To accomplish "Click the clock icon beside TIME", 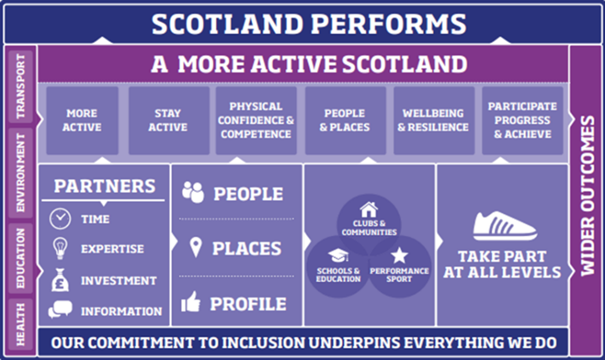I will pyautogui.click(x=60, y=219).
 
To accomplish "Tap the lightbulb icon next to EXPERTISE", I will pyautogui.click(x=60, y=248).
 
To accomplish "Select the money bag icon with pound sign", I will pyautogui.click(x=60, y=280).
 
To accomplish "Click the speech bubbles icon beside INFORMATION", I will pyautogui.click(x=60, y=310).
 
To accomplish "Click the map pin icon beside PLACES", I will pyautogui.click(x=195, y=248).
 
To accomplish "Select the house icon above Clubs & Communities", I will pyautogui.click(x=369, y=209).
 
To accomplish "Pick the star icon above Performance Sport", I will pyautogui.click(x=399, y=256).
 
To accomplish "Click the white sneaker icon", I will pyautogui.click(x=505, y=226).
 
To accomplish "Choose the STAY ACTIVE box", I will pyautogui.click(x=168, y=121).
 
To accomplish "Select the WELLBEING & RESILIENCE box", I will pyautogui.click(x=433, y=121).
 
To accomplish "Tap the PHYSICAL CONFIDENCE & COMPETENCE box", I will pyautogui.click(x=256, y=121).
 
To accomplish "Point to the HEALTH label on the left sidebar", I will pyautogui.click(x=21, y=324).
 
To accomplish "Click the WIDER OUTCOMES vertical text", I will pyautogui.click(x=587, y=196).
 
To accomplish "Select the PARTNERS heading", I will pyautogui.click(x=104, y=186).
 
